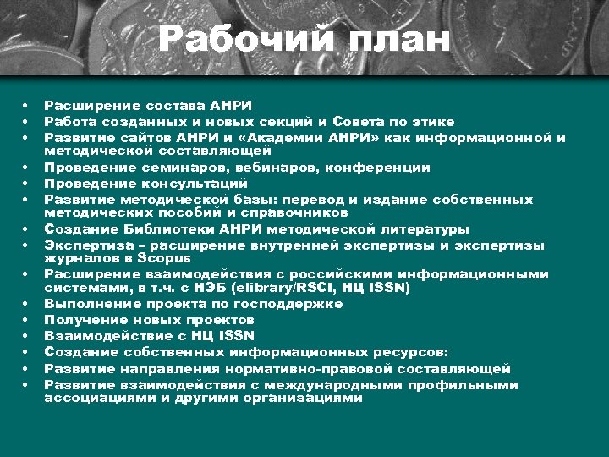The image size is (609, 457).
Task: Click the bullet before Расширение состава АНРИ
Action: [x=26, y=106]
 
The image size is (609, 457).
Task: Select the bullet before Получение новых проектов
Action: [x=26, y=320]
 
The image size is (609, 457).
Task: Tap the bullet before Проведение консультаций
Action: [x=26, y=183]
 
